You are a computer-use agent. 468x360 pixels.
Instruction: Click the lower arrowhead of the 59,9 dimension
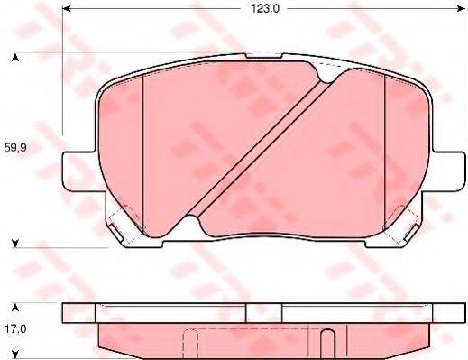(14, 242)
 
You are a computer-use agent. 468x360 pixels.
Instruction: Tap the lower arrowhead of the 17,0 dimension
(14, 355)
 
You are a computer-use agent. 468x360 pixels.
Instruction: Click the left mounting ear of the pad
(76, 171)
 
